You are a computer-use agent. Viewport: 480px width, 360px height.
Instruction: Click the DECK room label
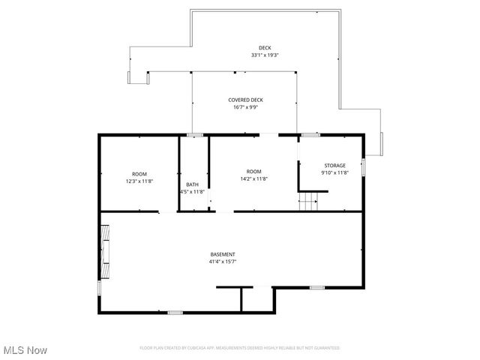(265, 48)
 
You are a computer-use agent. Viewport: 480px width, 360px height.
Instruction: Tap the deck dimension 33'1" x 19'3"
(265, 55)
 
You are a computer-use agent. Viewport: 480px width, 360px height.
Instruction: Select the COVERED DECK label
(245, 100)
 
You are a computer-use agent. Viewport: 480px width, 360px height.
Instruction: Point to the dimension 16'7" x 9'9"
(245, 107)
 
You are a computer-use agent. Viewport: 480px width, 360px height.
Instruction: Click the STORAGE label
(334, 165)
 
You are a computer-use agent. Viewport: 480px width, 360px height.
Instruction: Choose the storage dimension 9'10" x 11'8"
(335, 172)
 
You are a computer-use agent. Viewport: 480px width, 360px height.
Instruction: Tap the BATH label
(193, 184)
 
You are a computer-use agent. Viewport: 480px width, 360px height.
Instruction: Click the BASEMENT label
(223, 254)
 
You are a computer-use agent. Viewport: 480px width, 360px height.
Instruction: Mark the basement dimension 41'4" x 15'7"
(223, 262)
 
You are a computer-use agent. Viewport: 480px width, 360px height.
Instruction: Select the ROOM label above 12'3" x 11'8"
(139, 173)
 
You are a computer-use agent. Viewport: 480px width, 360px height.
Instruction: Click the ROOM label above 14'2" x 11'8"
(253, 171)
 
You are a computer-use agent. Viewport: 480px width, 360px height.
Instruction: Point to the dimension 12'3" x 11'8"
(139, 181)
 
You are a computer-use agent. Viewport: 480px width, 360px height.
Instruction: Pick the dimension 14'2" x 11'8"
(253, 178)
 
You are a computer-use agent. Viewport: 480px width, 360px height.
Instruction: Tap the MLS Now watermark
(24, 350)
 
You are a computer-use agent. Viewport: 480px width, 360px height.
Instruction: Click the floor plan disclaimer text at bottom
(239, 348)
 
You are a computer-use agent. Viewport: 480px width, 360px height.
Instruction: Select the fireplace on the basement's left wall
(106, 250)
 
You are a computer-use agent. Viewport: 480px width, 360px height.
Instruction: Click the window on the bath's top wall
(195, 135)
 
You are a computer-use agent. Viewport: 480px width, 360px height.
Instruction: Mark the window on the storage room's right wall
(364, 166)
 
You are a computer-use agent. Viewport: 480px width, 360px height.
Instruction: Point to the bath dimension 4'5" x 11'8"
(193, 192)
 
